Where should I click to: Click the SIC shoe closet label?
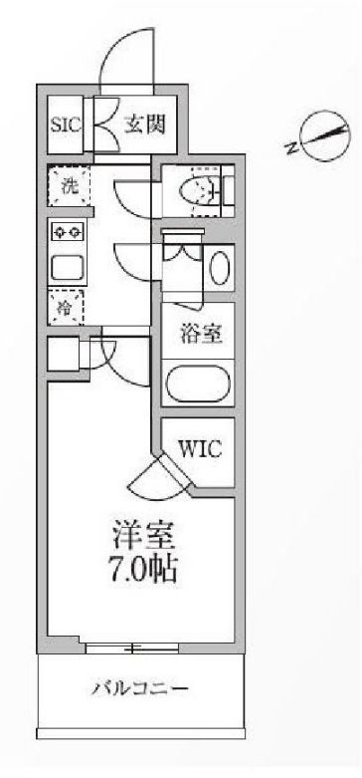[67, 127]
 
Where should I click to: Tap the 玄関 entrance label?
[143, 126]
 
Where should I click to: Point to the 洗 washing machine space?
[69, 186]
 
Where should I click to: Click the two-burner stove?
[68, 233]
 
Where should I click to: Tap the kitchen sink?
[68, 267]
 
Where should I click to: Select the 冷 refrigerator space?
[66, 308]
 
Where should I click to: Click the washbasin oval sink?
[220, 268]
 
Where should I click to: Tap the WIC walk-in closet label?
[199, 449]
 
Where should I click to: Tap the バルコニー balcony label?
[140, 688]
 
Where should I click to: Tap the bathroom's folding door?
[184, 249]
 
